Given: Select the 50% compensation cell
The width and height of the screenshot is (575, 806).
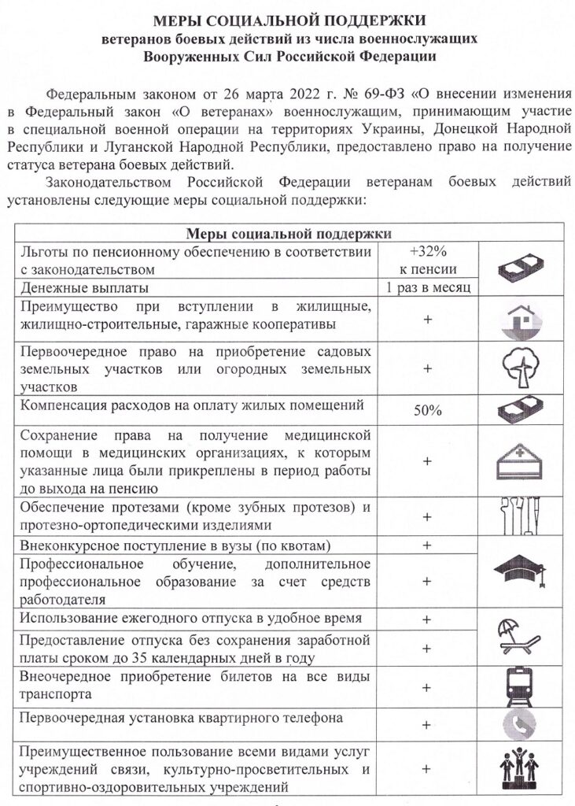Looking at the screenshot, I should (x=427, y=411).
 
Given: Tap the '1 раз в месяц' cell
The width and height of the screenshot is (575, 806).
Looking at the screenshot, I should (x=427, y=287).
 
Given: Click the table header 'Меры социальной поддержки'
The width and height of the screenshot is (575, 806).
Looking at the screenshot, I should (x=289, y=233).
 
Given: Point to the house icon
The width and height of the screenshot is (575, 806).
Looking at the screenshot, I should (x=520, y=320).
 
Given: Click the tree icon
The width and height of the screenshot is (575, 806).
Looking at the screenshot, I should (x=520, y=367).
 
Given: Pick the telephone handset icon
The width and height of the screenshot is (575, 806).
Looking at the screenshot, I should (x=520, y=724).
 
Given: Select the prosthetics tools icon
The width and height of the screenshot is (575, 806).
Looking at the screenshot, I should (x=520, y=516).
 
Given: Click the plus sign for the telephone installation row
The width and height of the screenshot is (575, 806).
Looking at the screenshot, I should (x=427, y=724).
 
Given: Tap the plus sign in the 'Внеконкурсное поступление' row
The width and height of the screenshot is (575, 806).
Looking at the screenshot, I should (x=427, y=545).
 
